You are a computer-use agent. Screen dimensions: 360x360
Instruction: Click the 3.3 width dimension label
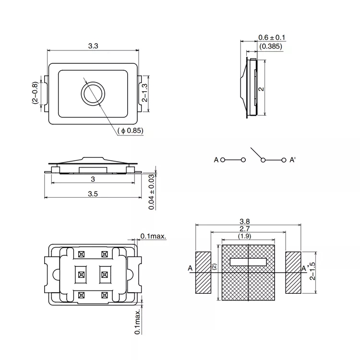pyautogui.click(x=93, y=46)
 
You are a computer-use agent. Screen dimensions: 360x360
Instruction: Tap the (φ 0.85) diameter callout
pyautogui.click(x=131, y=131)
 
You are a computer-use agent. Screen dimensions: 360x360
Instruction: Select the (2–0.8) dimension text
pyautogui.click(x=35, y=93)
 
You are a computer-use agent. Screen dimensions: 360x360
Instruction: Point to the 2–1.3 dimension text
pyautogui.click(x=144, y=93)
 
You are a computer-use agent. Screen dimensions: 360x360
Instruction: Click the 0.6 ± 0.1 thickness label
pyautogui.click(x=272, y=37)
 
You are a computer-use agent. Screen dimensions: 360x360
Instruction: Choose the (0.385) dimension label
pyautogui.click(x=271, y=46)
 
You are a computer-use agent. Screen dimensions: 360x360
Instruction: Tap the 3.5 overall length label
pyautogui.click(x=93, y=194)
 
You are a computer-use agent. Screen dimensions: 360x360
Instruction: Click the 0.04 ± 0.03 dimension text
pyautogui.click(x=151, y=192)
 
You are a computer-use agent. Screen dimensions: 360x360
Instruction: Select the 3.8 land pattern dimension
pyautogui.click(x=244, y=221)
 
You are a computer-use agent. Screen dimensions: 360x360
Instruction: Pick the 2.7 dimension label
pyautogui.click(x=244, y=228)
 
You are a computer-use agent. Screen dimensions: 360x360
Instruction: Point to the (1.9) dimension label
pyautogui.click(x=244, y=236)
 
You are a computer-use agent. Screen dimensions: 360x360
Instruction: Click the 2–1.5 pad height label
pyautogui.click(x=312, y=271)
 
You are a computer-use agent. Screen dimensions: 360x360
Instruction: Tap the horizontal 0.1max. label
pyautogui.click(x=153, y=236)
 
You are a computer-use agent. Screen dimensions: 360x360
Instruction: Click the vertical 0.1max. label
pyautogui.click(x=137, y=322)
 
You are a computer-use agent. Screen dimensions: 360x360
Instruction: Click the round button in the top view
pyautogui.click(x=93, y=94)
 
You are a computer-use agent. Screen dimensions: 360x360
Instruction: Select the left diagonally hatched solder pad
pyautogui.click(x=203, y=273)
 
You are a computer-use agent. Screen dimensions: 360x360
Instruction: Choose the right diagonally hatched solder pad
pyautogui.click(x=293, y=273)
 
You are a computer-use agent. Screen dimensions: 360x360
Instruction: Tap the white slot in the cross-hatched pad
pyautogui.click(x=248, y=262)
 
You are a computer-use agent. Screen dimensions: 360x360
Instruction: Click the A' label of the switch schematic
pyautogui.click(x=292, y=160)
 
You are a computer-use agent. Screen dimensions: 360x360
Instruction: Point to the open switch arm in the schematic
pyautogui.click(x=256, y=153)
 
